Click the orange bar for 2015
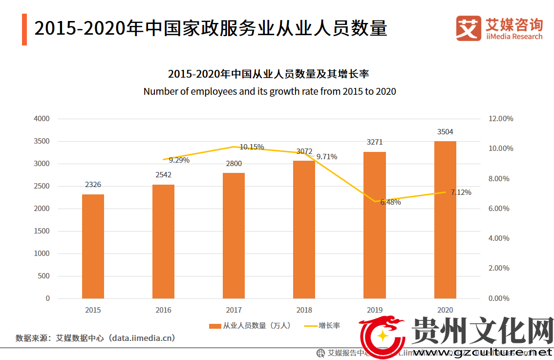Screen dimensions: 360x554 coord(93,246)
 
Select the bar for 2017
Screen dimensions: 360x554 coord(234,235)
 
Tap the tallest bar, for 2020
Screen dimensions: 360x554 coord(445,220)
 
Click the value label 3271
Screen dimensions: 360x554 coord(375,142)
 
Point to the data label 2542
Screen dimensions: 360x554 coord(164,174)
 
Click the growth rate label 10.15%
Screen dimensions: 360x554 coord(252,147)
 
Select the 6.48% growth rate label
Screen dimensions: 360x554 coord(390,202)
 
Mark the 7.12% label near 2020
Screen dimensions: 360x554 coord(461,192)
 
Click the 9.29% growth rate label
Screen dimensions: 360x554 coord(179,160)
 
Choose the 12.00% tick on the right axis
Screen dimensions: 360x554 coord(501,119)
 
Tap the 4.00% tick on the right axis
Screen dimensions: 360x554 coord(499,238)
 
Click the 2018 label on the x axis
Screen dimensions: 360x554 coord(304,310)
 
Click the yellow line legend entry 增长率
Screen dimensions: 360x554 coord(322,326)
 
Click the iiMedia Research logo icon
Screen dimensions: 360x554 coord(469,29)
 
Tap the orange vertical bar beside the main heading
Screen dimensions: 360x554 coord(24,30)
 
